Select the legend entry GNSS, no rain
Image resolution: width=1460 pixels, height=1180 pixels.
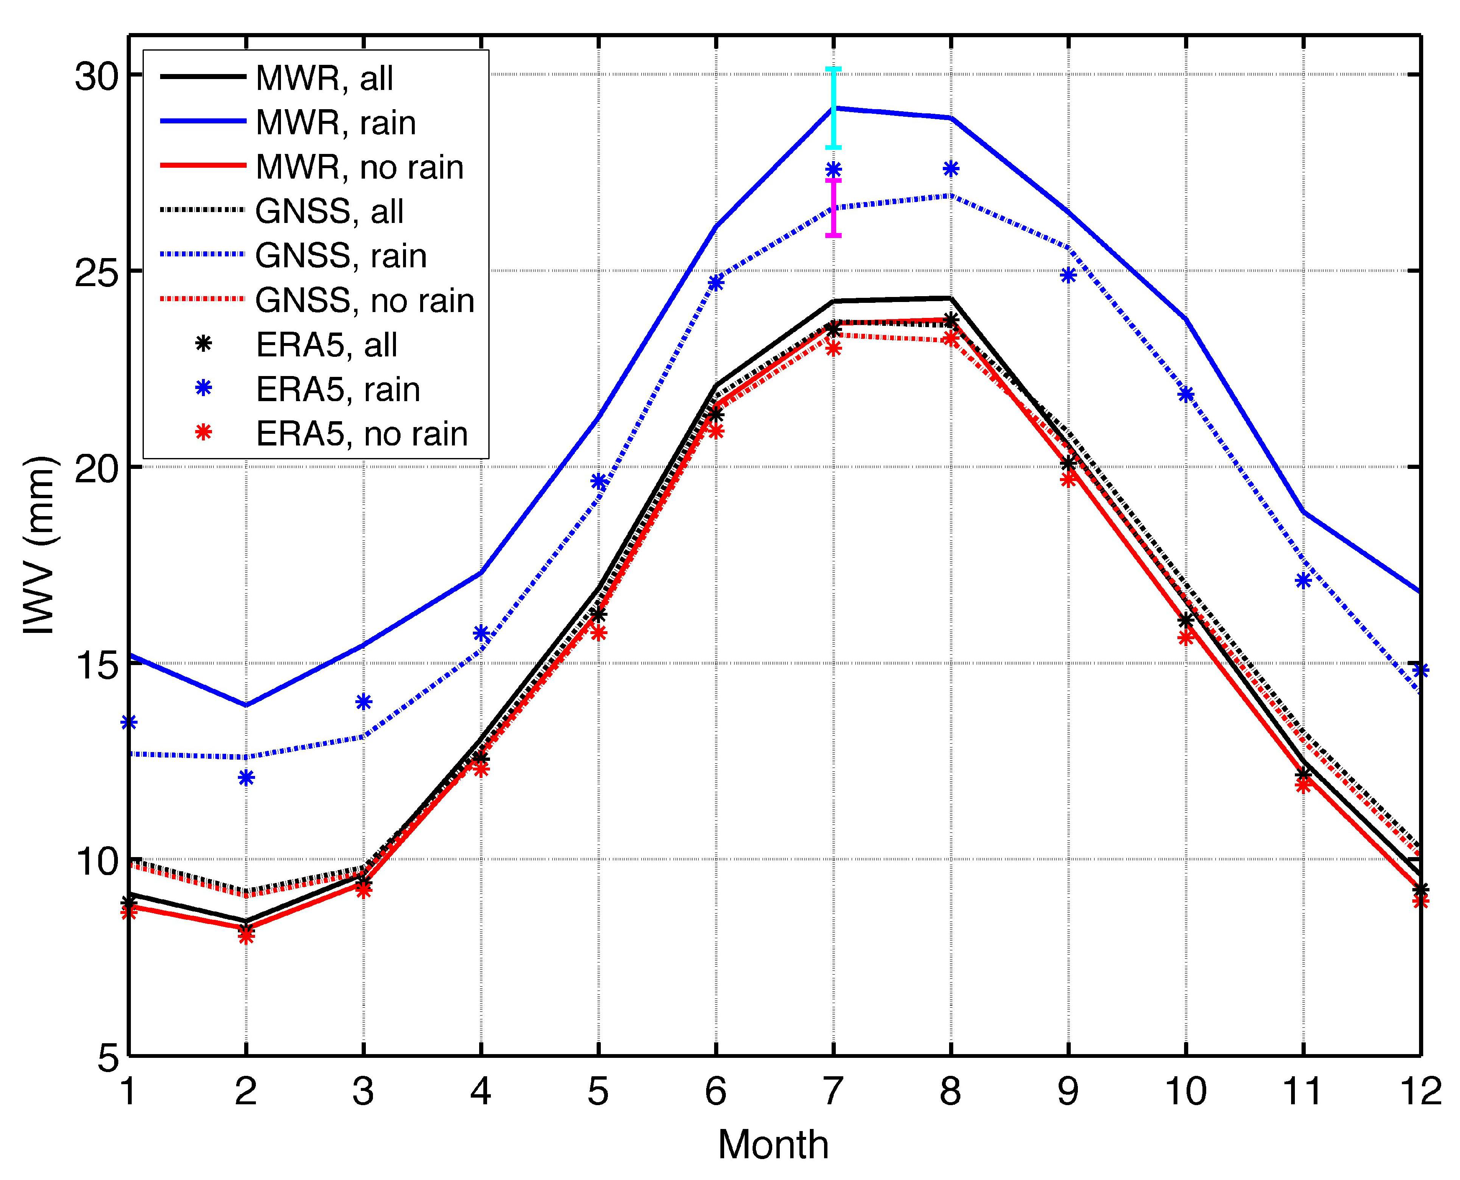click(364, 300)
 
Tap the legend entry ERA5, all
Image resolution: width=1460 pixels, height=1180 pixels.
click(326, 345)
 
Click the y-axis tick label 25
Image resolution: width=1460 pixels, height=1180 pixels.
click(95, 271)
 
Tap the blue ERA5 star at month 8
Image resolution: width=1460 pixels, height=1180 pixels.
click(950, 169)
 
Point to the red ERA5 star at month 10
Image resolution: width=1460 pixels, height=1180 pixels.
click(1186, 637)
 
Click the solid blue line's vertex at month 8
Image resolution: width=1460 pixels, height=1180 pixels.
click(950, 118)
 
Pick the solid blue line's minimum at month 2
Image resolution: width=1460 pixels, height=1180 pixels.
click(246, 705)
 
